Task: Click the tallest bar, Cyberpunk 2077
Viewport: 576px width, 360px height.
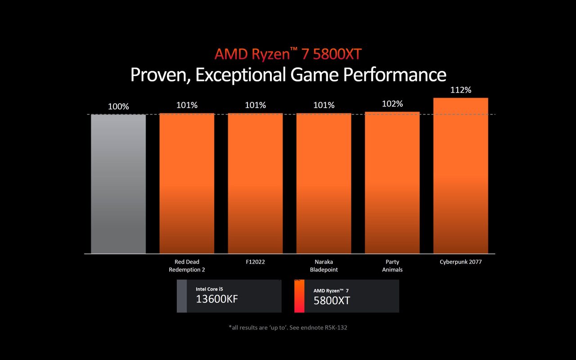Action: [460, 175]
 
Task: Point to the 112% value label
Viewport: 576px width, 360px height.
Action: [460, 90]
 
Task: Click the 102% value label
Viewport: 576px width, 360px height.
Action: [392, 104]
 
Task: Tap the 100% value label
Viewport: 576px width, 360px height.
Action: [118, 107]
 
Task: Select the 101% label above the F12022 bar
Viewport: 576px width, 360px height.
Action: [255, 105]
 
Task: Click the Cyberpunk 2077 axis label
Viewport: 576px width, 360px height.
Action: [460, 261]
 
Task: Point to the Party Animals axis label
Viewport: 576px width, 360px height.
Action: [392, 265]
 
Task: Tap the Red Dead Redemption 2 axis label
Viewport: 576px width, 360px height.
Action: [187, 265]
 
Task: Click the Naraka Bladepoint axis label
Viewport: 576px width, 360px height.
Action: [324, 265]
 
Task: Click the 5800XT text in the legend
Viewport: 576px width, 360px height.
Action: [332, 301]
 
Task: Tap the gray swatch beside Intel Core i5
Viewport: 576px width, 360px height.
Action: [181, 296]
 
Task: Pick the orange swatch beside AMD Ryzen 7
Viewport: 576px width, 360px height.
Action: [299, 296]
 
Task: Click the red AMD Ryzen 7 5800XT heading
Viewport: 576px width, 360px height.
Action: [288, 54]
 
